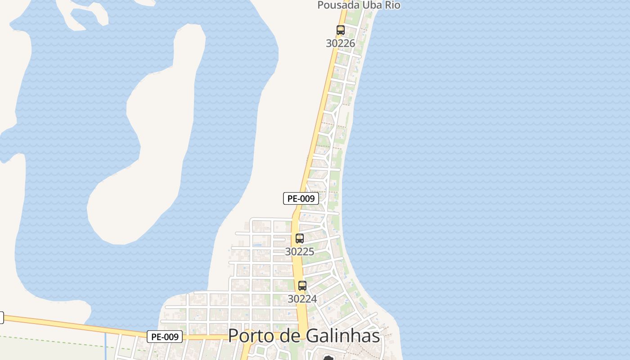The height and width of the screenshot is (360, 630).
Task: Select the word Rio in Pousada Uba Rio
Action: [x=391, y=5]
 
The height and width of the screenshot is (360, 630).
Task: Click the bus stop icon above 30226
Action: [x=341, y=31]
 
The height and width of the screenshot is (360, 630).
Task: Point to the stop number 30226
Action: [x=341, y=44]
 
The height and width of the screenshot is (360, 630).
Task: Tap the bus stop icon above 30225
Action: [x=300, y=238]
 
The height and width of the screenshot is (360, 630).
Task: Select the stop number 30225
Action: [x=300, y=252]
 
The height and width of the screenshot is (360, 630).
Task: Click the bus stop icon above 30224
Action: [x=302, y=286]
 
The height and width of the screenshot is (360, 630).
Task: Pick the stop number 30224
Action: [x=302, y=299]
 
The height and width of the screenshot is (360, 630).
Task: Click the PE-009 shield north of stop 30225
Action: [x=301, y=198]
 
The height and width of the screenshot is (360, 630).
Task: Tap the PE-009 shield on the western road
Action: [x=165, y=337]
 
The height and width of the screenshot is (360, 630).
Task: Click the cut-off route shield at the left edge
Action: [x=1, y=318]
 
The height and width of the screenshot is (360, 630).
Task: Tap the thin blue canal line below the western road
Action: [x=106, y=346]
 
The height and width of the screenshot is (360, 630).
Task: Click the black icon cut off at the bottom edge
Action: [x=328, y=358]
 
